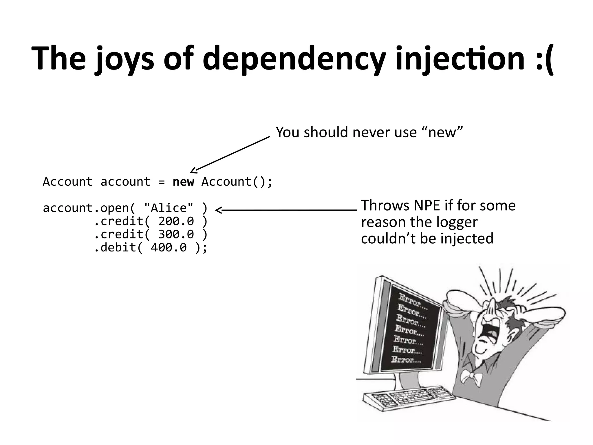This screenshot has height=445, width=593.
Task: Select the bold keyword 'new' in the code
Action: click(183, 182)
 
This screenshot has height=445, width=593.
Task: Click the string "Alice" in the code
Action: click(169, 208)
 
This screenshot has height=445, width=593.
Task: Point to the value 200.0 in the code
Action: click(176, 221)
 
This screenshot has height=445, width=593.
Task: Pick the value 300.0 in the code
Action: click(176, 234)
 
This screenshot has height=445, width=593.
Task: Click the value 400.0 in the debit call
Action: click(169, 247)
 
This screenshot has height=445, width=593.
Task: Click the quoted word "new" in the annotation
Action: click(442, 132)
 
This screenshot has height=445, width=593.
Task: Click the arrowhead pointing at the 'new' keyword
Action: click(193, 171)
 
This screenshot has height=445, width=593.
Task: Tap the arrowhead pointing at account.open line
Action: click(219, 210)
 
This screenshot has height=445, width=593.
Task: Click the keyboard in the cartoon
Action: click(405, 400)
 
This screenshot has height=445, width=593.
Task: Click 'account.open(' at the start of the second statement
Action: click(89, 208)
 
